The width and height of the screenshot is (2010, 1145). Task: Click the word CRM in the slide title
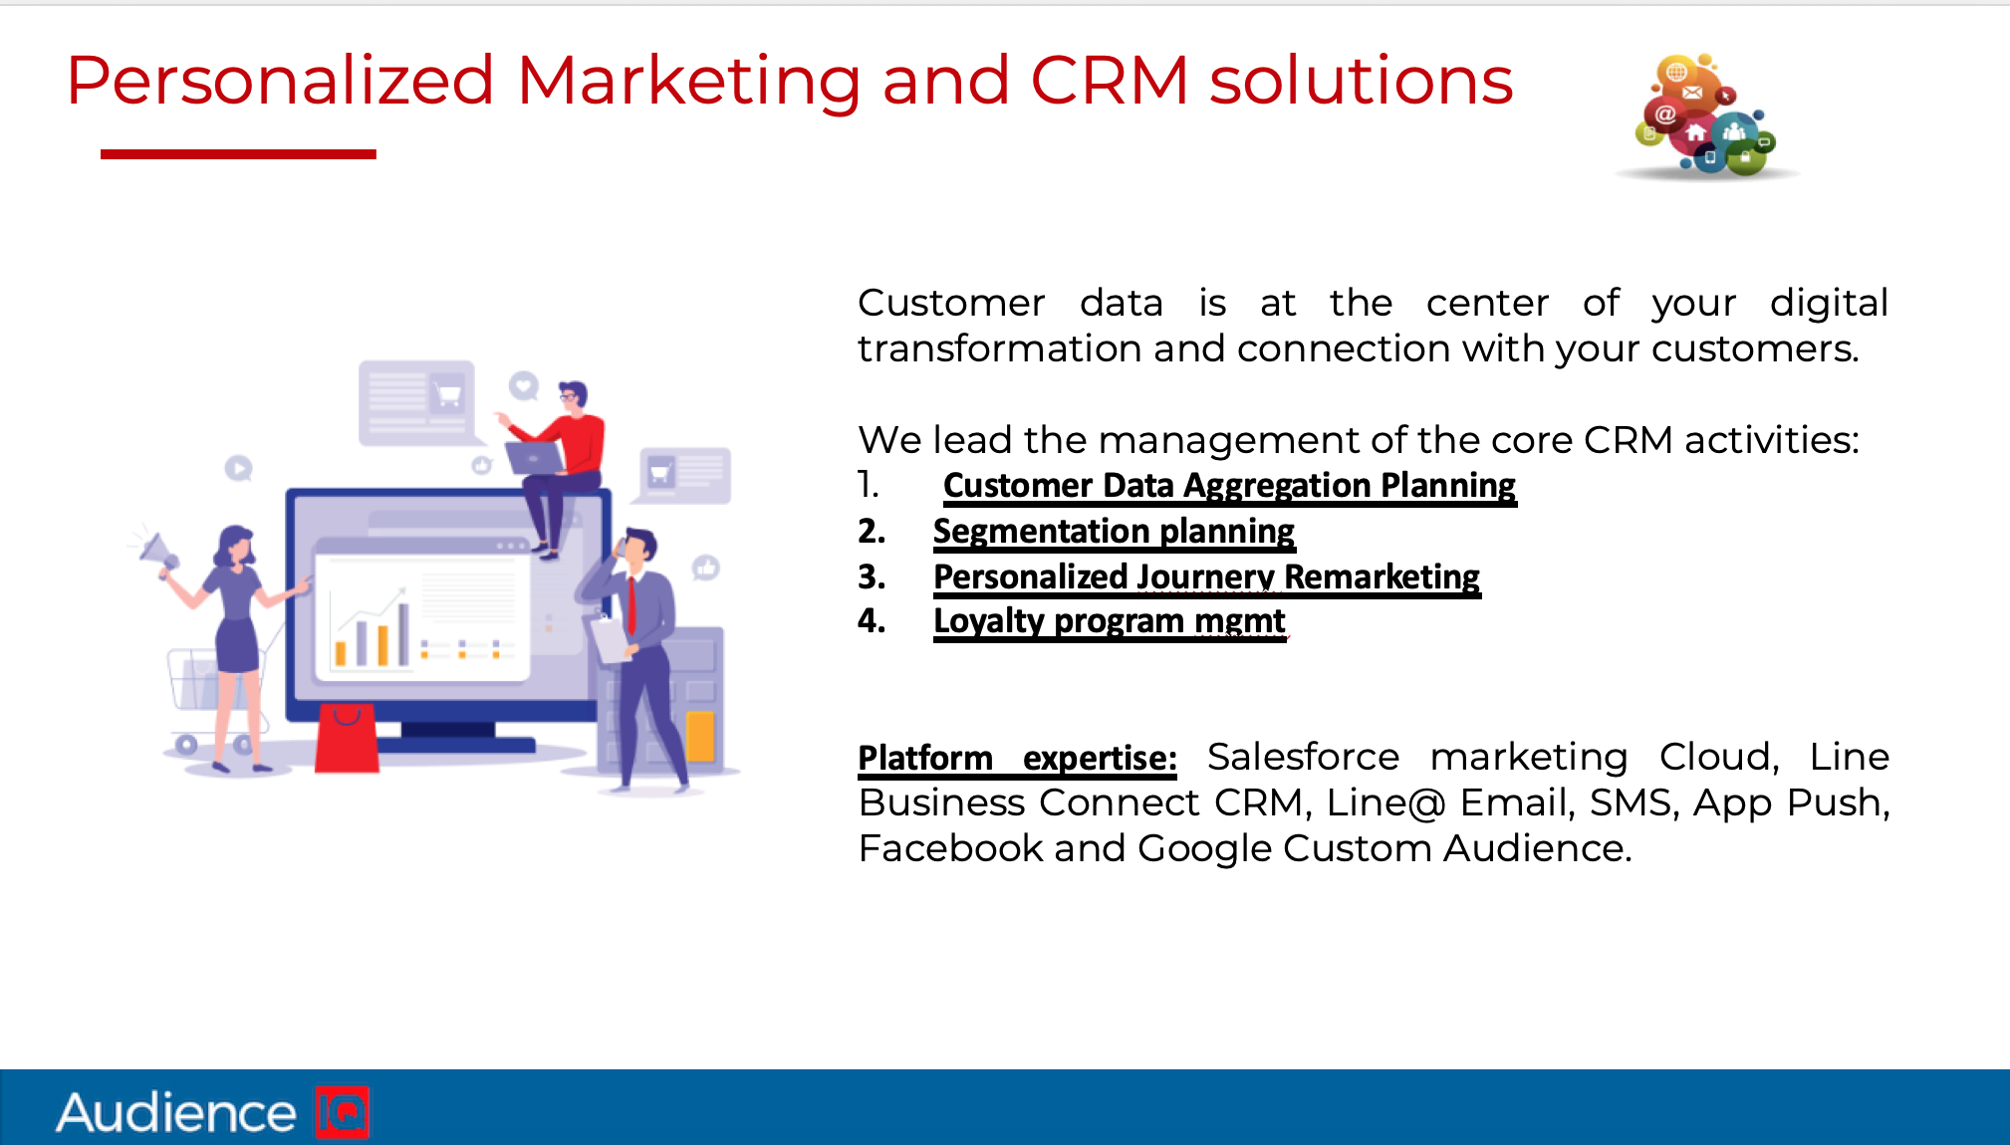pos(1110,81)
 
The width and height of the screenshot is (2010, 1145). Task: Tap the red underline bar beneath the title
pos(238,153)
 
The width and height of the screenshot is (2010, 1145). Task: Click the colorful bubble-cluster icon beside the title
pos(1706,116)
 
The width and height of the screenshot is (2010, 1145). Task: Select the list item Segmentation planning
pos(1114,533)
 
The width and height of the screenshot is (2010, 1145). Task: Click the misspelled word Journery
pos(1205,577)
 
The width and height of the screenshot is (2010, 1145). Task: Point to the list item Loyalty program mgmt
pos(1110,622)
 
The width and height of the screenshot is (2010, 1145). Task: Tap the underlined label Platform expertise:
pos(1017,759)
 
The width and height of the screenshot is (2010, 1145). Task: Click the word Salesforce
pos(1303,757)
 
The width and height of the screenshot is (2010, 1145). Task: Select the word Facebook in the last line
pos(950,848)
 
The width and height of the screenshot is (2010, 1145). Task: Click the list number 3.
pos(872,577)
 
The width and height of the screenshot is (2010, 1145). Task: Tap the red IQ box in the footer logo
pos(342,1112)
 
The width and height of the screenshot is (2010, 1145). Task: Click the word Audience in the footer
pos(176,1112)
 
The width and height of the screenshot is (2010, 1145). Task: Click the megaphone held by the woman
pos(155,552)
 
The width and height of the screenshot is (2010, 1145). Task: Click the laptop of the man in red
pos(534,458)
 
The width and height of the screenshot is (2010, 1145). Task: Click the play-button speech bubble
pos(238,468)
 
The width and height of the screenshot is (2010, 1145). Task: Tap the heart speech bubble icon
pos(524,385)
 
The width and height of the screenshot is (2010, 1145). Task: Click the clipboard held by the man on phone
pos(610,638)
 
